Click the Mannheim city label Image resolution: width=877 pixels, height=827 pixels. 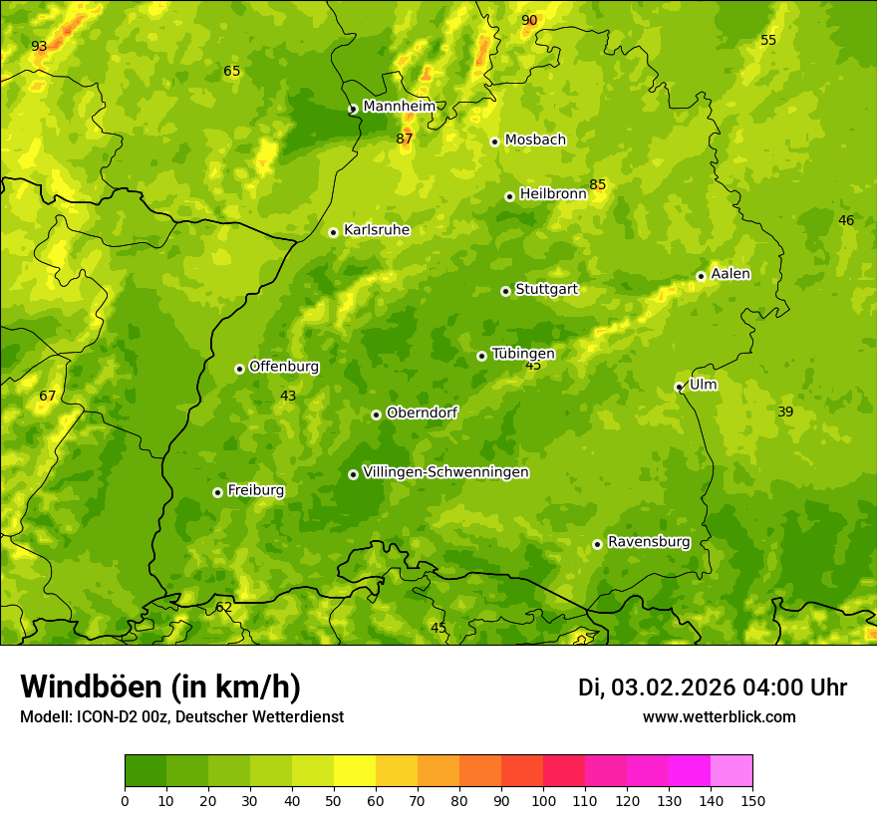point(399,107)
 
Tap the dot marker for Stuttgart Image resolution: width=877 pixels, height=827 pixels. point(505,291)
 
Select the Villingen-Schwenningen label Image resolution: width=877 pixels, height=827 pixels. point(445,472)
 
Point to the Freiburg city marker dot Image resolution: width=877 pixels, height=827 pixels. point(217,492)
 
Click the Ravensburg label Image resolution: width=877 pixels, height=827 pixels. point(649,542)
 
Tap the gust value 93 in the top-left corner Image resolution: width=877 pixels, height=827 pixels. point(39,46)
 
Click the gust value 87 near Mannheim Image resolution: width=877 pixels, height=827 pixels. point(404,138)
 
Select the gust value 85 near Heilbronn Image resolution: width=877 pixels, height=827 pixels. point(597,184)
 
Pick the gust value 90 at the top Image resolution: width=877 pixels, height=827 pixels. point(529,20)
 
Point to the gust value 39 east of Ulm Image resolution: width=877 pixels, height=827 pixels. point(785,412)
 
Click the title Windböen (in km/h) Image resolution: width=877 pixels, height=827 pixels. point(159,687)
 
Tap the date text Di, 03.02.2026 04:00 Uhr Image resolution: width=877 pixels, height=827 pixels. point(712,688)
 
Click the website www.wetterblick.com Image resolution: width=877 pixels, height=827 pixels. point(719,716)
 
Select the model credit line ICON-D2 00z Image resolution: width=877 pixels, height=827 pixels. point(181,716)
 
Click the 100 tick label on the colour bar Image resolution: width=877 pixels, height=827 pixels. point(543,800)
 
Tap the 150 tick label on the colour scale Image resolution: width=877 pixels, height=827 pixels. point(752,800)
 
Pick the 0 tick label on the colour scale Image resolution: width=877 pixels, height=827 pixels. point(125,800)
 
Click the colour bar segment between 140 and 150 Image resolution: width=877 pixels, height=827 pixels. point(731,771)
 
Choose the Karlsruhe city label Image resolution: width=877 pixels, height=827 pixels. point(376,230)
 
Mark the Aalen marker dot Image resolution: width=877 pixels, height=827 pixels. point(701,276)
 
